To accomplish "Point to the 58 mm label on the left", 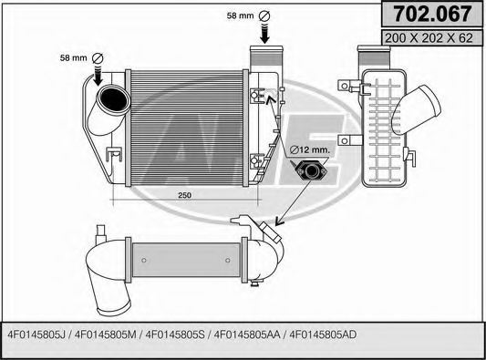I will pos(74,57).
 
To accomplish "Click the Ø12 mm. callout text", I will pos(311,149).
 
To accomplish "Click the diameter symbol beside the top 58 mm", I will pos(265,16).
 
